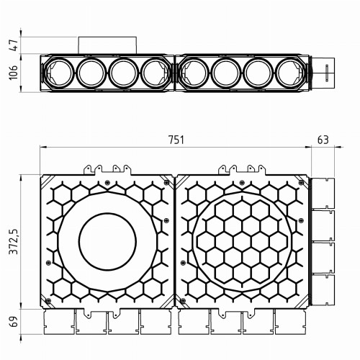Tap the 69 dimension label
[x=14, y=322]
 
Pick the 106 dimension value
[x=14, y=73]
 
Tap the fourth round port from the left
[x=155, y=73]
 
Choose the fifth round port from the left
[x=195, y=73]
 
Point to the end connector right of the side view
[x=325, y=73]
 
